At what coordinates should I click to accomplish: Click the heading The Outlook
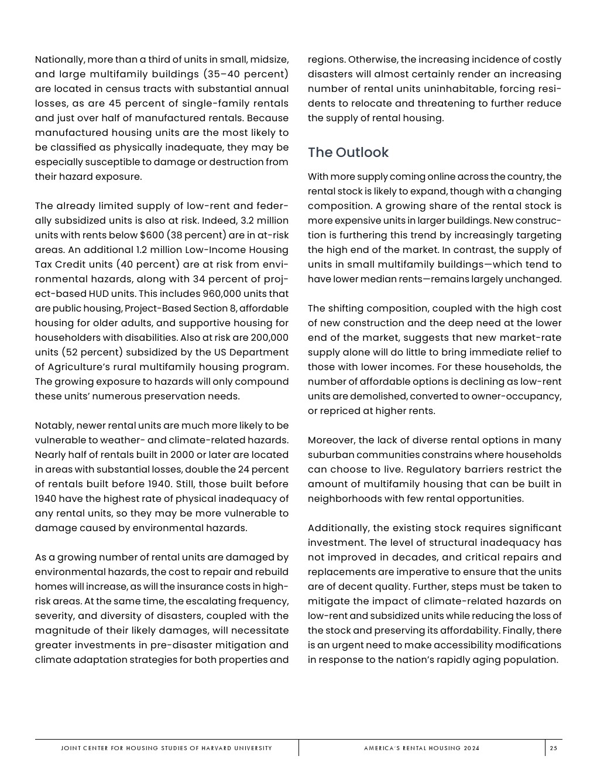click(348, 152)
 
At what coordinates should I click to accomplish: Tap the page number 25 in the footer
click(553, 748)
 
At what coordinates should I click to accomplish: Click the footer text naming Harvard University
click(166, 748)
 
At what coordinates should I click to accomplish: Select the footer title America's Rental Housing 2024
click(421, 748)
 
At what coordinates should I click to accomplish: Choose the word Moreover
click(331, 440)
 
